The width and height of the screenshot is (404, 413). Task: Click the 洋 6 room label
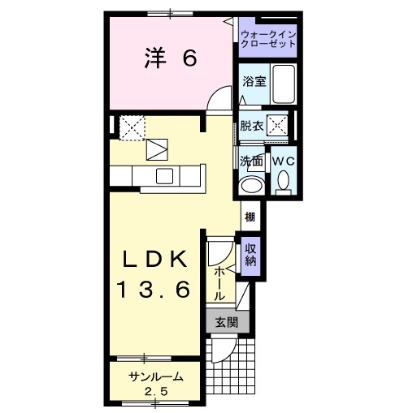(171, 59)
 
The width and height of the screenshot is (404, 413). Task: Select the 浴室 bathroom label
(254, 81)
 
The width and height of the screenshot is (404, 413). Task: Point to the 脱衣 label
(251, 126)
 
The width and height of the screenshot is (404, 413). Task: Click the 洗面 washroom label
(252, 161)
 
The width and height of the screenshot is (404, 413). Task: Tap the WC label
(282, 161)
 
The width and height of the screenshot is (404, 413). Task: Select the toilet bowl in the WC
(282, 186)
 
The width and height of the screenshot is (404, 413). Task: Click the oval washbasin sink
(252, 185)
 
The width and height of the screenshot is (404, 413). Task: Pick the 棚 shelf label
(250, 217)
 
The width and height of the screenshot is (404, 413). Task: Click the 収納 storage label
(250, 256)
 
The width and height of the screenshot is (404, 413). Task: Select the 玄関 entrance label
(226, 321)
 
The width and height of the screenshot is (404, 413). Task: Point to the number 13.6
(156, 288)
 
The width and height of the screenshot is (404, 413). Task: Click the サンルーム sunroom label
(154, 377)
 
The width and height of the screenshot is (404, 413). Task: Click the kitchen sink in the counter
(164, 177)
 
